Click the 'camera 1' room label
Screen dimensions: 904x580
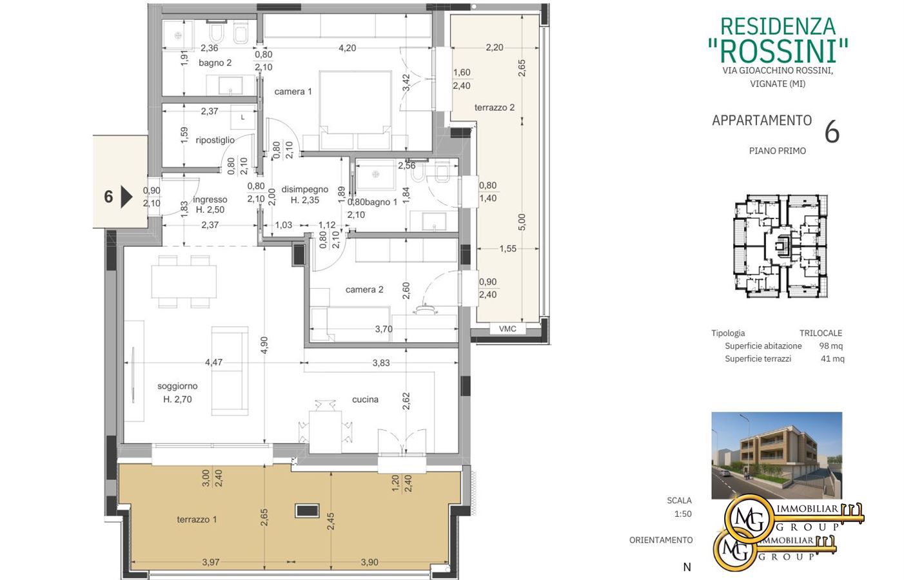coord(293,92)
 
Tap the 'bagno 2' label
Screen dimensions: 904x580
coord(215,63)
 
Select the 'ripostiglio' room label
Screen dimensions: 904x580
coord(215,140)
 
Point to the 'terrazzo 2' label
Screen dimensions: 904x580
coord(495,107)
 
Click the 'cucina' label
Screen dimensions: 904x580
coord(365,400)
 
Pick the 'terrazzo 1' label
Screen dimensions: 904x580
coord(197,519)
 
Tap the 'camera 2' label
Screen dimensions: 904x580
coord(364,289)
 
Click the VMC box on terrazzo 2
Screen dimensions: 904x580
coord(507,329)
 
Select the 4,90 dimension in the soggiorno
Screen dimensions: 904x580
coord(264,345)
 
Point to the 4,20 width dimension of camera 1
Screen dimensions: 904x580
coord(347,48)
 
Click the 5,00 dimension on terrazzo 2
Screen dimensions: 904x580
coord(522,222)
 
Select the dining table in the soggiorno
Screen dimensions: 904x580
coord(184,282)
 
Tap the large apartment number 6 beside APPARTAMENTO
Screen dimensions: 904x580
coord(832,132)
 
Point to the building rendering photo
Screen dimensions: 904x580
coord(777,456)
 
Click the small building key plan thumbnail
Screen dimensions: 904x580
coord(780,246)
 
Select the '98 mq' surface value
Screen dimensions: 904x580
coord(831,345)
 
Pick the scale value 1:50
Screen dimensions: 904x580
coord(683,514)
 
